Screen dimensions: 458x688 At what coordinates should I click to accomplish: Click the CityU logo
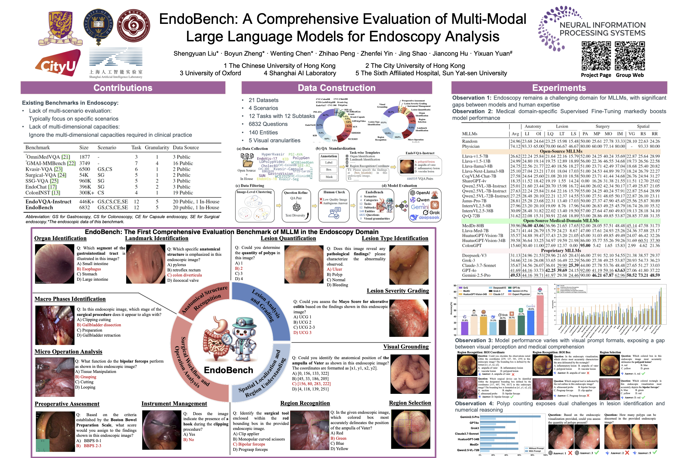click(58, 63)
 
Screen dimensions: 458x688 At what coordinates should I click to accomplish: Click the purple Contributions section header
click(123, 88)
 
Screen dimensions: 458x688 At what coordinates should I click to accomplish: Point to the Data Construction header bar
click(336, 88)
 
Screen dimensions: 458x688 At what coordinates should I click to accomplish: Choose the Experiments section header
click(559, 88)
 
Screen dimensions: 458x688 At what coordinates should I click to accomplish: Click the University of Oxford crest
click(98, 26)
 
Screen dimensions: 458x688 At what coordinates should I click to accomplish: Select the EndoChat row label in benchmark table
click(41, 187)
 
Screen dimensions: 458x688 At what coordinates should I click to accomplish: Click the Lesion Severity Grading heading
click(398, 291)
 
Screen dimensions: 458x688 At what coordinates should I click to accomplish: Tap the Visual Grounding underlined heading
click(406, 347)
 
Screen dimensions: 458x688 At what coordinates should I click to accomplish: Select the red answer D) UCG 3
click(302, 332)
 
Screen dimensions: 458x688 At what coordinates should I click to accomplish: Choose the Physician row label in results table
click(471, 146)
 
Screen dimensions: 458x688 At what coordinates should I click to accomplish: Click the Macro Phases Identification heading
click(70, 299)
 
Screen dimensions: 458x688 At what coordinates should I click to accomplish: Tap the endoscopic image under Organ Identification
click(54, 264)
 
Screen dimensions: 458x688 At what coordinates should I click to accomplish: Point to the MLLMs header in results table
click(470, 134)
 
